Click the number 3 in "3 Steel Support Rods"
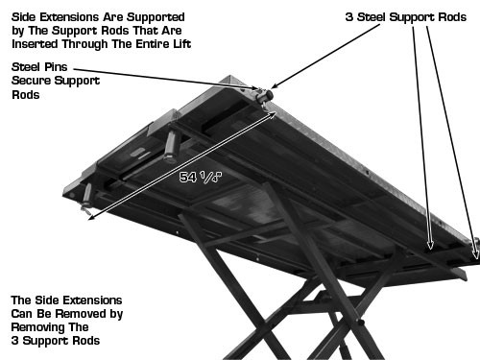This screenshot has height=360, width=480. [350, 17]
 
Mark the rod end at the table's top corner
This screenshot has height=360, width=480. [264, 95]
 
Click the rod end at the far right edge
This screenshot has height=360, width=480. [475, 250]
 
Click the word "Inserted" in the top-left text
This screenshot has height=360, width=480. [33, 44]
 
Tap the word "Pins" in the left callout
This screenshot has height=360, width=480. [63, 66]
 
